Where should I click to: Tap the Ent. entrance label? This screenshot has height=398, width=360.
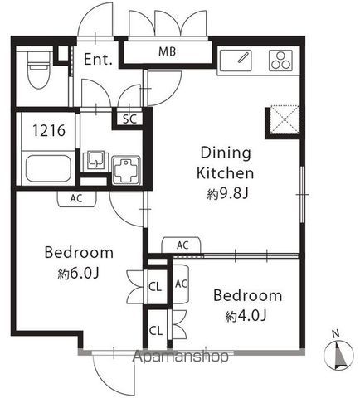[x=98, y=60]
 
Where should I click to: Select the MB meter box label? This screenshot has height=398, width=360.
[x=167, y=51]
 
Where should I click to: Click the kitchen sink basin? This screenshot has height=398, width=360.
[x=236, y=61]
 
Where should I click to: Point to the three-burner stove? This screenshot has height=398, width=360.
[x=280, y=61]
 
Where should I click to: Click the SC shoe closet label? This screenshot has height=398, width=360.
[x=129, y=119]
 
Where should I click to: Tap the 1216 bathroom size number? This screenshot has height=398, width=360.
[x=49, y=130]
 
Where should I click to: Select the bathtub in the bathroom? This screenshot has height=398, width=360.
[x=48, y=168]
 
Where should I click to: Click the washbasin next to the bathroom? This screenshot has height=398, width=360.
[x=96, y=160]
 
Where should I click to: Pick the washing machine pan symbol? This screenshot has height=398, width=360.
[x=126, y=170]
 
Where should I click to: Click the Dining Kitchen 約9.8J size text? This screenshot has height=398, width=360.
[x=228, y=194]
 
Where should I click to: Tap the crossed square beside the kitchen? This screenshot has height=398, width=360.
[x=285, y=119]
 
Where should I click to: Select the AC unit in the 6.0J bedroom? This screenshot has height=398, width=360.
[x=77, y=199]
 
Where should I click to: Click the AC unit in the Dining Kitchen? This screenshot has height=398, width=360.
[x=182, y=245]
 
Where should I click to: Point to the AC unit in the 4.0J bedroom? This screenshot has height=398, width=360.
[x=181, y=284]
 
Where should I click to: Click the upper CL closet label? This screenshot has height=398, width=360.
[x=155, y=287]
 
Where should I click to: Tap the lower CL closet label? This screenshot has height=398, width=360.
[x=156, y=331]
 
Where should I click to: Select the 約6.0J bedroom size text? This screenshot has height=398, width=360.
[x=78, y=274]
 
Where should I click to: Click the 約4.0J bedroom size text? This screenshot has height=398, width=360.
[x=246, y=316]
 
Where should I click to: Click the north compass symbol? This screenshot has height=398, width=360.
[x=338, y=355]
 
